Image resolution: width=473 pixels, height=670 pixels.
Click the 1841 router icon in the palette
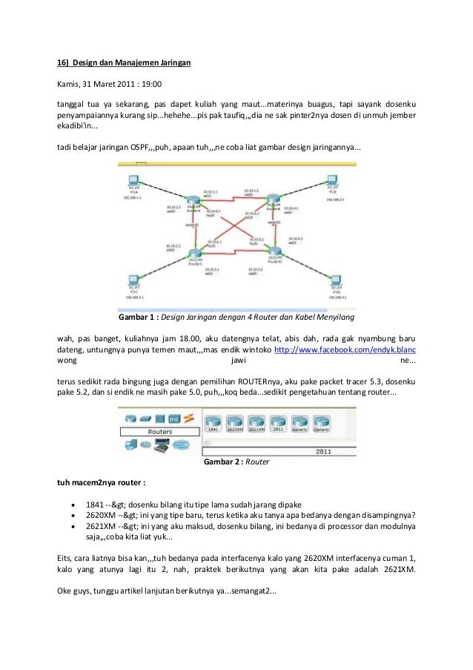pyautogui.click(x=214, y=420)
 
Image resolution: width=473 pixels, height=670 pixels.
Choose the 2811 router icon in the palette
pyautogui.click(x=279, y=420)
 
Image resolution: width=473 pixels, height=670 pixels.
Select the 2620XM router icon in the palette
pyautogui.click(x=235, y=420)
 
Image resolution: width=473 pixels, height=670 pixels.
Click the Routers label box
pyautogui.click(x=160, y=431)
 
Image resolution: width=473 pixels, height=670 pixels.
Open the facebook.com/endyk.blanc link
pyautogui.click(x=345, y=349)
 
